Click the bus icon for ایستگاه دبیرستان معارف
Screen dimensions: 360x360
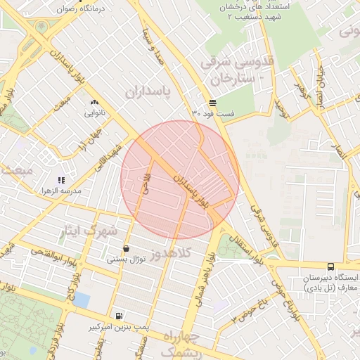(x=330, y=266)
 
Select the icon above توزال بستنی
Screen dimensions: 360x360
(x=126, y=248)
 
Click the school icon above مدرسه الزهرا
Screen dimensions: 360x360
(x=61, y=180)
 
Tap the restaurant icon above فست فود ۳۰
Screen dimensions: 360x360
(x=212, y=103)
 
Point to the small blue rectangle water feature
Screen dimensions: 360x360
(x=82, y=300)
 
